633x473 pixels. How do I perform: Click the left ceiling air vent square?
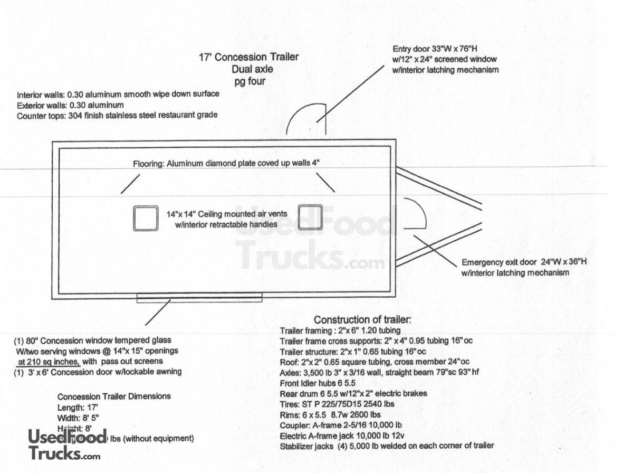(146, 218)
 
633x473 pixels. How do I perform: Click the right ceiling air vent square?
(310, 217)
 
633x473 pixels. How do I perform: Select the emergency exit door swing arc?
(415, 213)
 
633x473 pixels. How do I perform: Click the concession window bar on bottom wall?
(199, 298)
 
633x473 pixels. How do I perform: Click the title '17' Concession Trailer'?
(249, 57)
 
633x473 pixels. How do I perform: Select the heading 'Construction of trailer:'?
(362, 320)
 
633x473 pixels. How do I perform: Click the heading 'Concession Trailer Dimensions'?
(113, 396)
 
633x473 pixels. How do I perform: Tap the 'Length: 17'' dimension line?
(78, 408)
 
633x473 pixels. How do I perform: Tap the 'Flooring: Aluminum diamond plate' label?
(226, 164)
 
